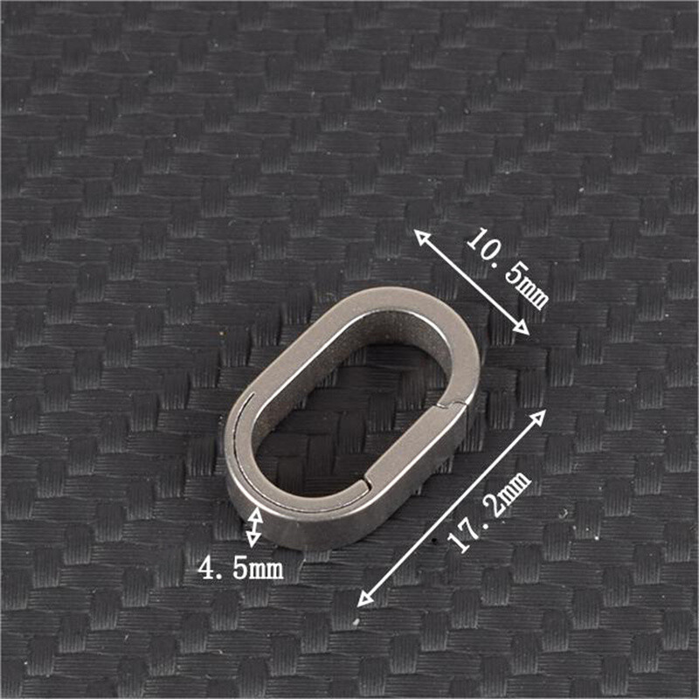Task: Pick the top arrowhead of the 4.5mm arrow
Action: (255, 514)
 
